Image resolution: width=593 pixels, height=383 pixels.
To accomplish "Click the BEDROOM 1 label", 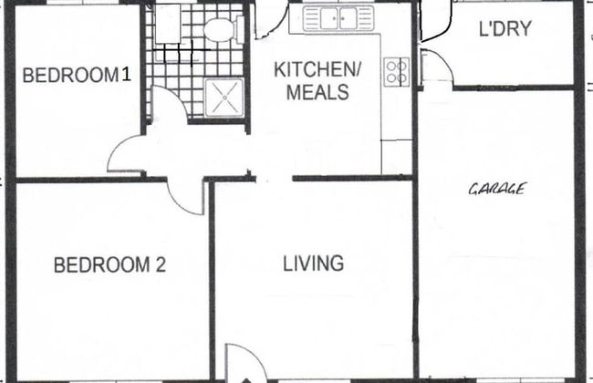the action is point(77,75).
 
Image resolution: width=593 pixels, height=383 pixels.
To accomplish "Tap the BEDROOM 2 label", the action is point(109,264).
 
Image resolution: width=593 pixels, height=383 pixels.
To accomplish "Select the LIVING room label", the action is point(314,264).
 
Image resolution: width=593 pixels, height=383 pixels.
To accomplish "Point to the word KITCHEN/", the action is point(317,69).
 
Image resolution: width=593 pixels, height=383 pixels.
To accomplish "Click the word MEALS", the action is point(317,92).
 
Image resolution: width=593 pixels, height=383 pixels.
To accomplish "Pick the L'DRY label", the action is point(505,29).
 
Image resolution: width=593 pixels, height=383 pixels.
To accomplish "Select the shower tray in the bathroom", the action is point(224,98).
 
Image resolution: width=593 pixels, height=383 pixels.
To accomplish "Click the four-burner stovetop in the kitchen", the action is point(397,72).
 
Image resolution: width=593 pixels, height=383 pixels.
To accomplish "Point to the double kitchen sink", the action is point(338,18).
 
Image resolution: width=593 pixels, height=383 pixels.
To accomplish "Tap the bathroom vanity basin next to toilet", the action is point(168,24).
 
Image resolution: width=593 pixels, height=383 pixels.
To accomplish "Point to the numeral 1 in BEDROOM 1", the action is point(127,74).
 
